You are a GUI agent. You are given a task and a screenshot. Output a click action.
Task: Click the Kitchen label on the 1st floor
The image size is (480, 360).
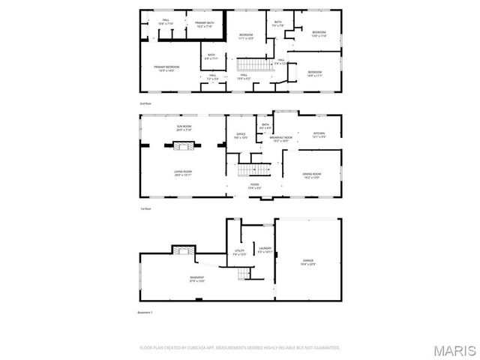pos(319,136)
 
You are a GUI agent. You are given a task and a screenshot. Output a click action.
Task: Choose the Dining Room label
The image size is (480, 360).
pos(311,177)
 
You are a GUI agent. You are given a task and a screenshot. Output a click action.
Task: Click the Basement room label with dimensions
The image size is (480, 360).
pos(196,279)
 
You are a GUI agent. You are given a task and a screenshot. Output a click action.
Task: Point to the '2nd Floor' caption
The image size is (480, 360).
pos(145,103)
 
